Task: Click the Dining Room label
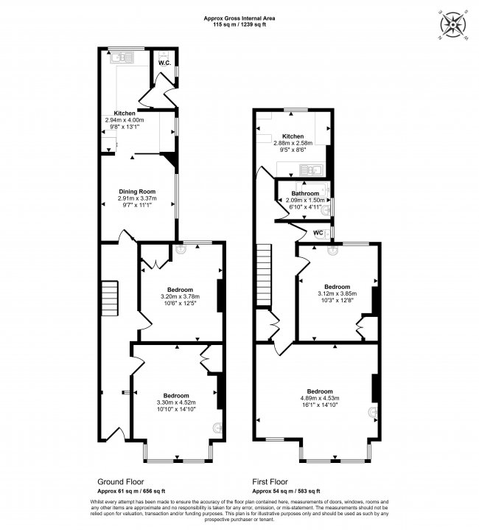click(138, 192)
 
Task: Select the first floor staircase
click(265, 271)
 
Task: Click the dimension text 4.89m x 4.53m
click(320, 399)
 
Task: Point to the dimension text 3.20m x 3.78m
click(180, 296)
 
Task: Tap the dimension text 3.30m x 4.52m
click(177, 402)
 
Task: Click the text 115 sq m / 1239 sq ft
click(239, 24)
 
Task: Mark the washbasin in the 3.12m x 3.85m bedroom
click(331, 251)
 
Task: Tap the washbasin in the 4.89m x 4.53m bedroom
click(374, 414)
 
